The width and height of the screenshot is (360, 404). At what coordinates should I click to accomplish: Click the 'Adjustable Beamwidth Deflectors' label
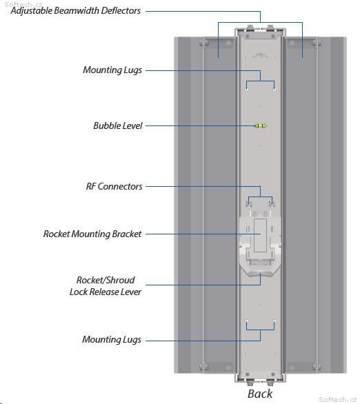coord(76,11)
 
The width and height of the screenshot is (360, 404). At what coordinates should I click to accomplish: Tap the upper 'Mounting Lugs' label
coord(112,70)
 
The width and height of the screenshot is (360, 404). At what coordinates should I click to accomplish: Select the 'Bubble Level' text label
coord(118,125)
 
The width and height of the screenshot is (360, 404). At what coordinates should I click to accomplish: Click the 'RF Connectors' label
coord(114,186)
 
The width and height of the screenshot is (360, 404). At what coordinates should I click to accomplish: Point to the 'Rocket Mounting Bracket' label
coord(92,234)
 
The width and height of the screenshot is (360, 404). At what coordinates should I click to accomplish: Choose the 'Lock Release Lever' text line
coord(106,292)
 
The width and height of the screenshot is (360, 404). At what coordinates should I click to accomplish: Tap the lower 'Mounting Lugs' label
coord(112,340)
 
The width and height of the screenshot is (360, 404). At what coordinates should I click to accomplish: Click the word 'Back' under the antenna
coord(260,394)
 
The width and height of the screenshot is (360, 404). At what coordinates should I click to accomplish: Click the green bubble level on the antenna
coord(260,126)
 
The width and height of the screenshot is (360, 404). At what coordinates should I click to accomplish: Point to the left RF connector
coord(249,204)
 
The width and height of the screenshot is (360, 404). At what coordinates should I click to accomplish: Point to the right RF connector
coord(272,204)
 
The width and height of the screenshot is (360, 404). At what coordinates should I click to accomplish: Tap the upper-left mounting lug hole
coord(247,90)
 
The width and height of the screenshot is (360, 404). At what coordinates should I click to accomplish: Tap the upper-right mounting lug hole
coord(274,90)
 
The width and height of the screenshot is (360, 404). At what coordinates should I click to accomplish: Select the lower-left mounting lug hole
coord(247,322)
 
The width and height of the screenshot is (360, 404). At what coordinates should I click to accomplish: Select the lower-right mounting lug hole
coord(274,322)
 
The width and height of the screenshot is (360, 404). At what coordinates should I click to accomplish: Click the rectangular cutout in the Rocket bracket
coord(260,235)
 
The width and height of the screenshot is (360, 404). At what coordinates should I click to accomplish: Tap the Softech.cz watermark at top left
coord(23,4)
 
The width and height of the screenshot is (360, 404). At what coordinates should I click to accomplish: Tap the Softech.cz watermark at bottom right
coord(337,399)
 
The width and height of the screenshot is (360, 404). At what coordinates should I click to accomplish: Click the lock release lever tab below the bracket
coord(260,274)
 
